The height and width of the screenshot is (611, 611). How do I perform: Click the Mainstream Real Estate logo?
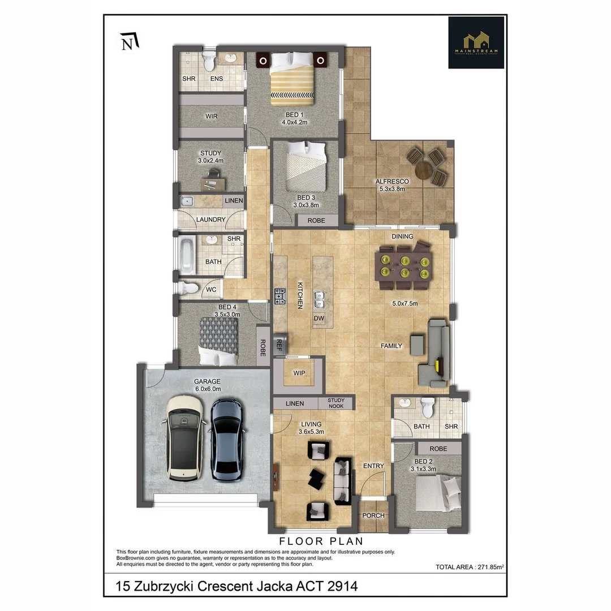tap(476, 42)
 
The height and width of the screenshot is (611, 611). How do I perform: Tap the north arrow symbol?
tap(130, 42)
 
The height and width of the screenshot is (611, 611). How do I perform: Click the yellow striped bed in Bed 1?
tap(292, 81)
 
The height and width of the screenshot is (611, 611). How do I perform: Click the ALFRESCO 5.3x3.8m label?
tap(391, 185)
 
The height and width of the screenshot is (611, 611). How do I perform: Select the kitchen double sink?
tap(320, 295)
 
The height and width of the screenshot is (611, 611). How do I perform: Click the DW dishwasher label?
tap(319, 319)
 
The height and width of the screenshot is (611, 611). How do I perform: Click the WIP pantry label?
tap(299, 373)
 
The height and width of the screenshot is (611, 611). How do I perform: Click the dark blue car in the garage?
tap(228, 440)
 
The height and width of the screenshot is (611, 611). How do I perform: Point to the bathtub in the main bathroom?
tap(186, 255)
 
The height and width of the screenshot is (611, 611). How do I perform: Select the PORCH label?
tap(373, 515)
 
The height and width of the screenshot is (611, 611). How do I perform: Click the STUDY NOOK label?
tap(335, 403)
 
